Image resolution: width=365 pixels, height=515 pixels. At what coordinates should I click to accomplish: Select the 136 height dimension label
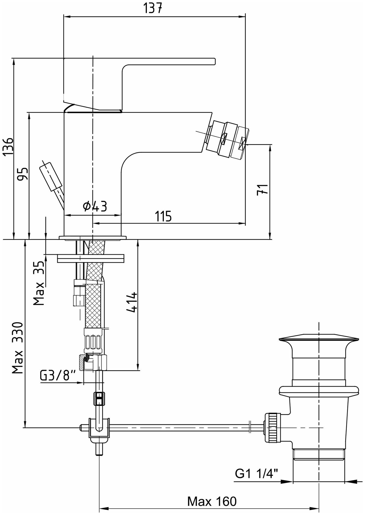(8, 147)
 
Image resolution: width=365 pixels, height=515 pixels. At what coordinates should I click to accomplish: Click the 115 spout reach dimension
(163, 216)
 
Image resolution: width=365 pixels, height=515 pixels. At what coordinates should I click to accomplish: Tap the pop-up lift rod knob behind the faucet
(50, 176)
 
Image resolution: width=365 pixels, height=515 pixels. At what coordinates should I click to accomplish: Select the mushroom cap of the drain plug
(318, 339)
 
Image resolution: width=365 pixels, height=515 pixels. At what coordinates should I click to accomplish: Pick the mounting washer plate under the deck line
(91, 259)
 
